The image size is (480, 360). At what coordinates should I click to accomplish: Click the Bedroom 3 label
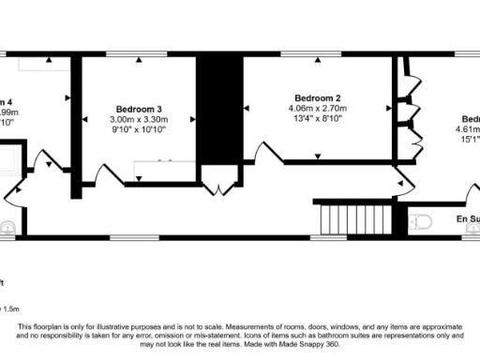click(x=139, y=108)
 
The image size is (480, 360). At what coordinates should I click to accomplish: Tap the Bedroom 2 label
click(x=317, y=98)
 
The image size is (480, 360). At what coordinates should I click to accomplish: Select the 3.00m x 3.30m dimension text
click(x=139, y=119)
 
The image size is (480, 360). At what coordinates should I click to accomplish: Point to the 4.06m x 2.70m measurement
click(x=317, y=109)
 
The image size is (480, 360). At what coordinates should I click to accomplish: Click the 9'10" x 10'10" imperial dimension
click(x=139, y=129)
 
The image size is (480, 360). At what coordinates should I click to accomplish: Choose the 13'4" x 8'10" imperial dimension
click(x=317, y=119)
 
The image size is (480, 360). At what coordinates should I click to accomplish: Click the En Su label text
click(x=468, y=219)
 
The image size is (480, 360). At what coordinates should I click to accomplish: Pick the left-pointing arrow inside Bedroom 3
click(x=85, y=119)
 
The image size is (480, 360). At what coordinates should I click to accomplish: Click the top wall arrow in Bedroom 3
click(x=139, y=60)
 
